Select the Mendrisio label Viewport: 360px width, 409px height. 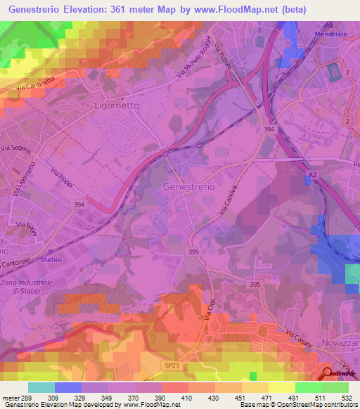(333, 33)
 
